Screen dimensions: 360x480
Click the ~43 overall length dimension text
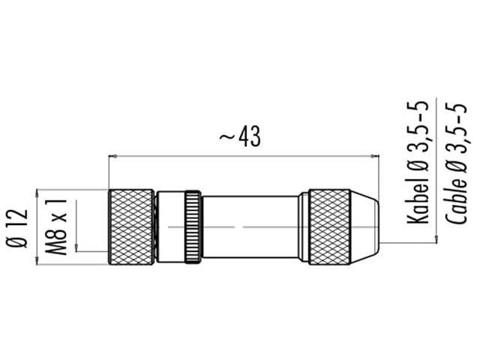(240, 136)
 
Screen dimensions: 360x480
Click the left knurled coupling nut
(132, 226)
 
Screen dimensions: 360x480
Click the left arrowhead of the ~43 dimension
(114, 157)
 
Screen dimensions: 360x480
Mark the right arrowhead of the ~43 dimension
(373, 157)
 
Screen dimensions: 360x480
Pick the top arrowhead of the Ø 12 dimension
(37, 193)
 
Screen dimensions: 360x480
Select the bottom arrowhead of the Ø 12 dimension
(37, 260)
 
